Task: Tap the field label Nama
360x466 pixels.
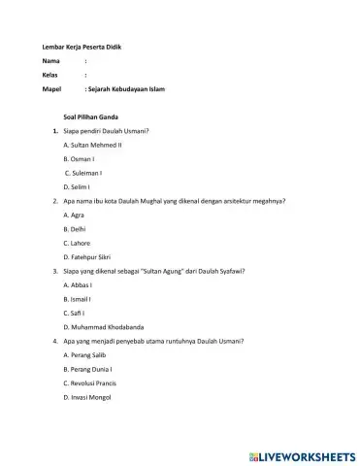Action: point(51,61)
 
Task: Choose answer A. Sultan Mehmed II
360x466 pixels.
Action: point(92,144)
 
